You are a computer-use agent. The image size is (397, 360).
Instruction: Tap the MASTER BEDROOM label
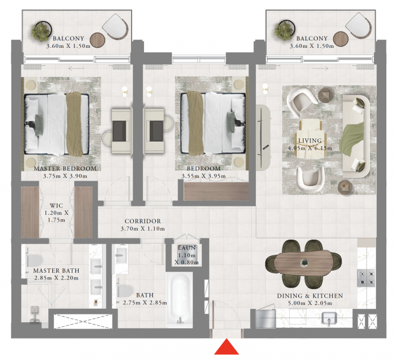pyautogui.click(x=65, y=169)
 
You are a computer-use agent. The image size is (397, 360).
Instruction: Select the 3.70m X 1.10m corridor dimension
pyautogui.click(x=143, y=229)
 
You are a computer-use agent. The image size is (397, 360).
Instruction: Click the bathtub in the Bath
pyautogui.click(x=180, y=299)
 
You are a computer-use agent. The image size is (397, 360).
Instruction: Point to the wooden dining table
pyautogui.click(x=303, y=263)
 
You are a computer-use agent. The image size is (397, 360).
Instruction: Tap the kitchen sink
pyautogui.click(x=329, y=318)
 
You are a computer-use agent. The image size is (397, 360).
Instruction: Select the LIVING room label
pyautogui.click(x=310, y=141)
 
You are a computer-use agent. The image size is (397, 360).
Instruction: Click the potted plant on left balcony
pyautogui.click(x=41, y=31)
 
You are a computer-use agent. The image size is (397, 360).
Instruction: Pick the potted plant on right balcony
pyautogui.click(x=285, y=30)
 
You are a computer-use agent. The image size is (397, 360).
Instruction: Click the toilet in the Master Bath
pyautogui.click(x=34, y=261)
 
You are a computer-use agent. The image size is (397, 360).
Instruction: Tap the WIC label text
pyautogui.click(x=56, y=205)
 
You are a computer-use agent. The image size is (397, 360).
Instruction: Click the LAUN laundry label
pyautogui.click(x=187, y=247)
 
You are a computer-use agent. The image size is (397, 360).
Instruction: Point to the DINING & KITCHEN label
pyautogui.click(x=310, y=296)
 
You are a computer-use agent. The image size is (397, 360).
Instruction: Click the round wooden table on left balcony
pyautogui.click(x=97, y=40)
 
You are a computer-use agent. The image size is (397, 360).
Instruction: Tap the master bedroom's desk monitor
pyautogui.click(x=119, y=131)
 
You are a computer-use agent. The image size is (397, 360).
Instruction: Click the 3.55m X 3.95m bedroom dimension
pyautogui.click(x=204, y=176)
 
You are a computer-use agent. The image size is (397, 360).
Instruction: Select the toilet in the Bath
pyautogui.click(x=125, y=291)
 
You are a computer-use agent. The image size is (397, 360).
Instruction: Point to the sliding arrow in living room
pyautogui.click(x=321, y=69)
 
